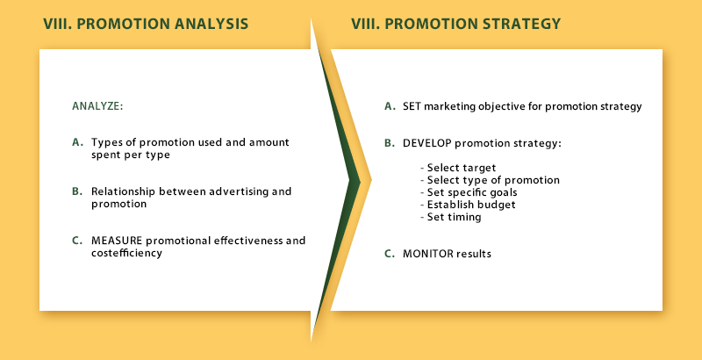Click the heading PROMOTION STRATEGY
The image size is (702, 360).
473,24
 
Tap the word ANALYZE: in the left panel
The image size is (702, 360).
97,106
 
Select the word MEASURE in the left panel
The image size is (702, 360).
117,241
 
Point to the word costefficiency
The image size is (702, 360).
126,253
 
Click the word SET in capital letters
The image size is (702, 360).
412,106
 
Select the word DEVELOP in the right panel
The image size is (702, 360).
427,143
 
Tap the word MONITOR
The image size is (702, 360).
428,254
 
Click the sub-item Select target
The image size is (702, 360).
458,169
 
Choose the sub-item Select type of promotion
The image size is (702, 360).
491,181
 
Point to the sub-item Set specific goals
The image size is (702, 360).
469,193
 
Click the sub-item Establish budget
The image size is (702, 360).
469,205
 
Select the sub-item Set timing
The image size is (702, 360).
451,218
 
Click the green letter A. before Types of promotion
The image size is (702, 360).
78,142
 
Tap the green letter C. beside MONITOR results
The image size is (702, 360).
390,254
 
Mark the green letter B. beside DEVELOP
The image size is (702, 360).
390,143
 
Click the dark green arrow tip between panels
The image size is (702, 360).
360,182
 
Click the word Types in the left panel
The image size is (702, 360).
103,143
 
